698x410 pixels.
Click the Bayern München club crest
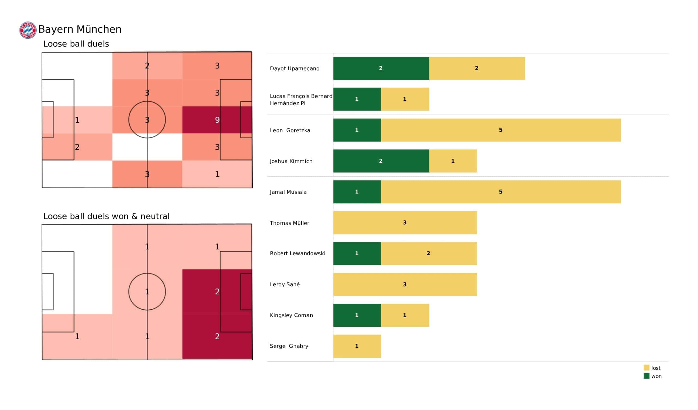(x=28, y=30)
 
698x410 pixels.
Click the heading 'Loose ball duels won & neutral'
(x=106, y=216)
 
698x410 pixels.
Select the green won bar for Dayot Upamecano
(x=381, y=68)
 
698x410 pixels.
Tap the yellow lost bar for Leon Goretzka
(x=501, y=130)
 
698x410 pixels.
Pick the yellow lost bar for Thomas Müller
(x=405, y=223)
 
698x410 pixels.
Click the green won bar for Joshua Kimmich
(x=381, y=161)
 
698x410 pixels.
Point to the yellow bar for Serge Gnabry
(x=357, y=346)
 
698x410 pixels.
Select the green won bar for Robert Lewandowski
(x=357, y=254)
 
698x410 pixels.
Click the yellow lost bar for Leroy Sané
(x=405, y=285)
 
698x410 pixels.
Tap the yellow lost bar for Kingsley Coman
(x=405, y=315)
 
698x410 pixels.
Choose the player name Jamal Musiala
(x=288, y=192)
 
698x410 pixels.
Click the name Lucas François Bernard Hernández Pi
(x=301, y=100)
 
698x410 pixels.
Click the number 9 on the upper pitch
(x=217, y=120)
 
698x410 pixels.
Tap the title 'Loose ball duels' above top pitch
(x=76, y=44)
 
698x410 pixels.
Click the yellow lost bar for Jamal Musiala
(x=501, y=192)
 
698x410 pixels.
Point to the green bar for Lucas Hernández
(x=357, y=99)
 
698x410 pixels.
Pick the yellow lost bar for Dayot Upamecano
(x=477, y=68)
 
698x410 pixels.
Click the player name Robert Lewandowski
(x=297, y=254)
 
